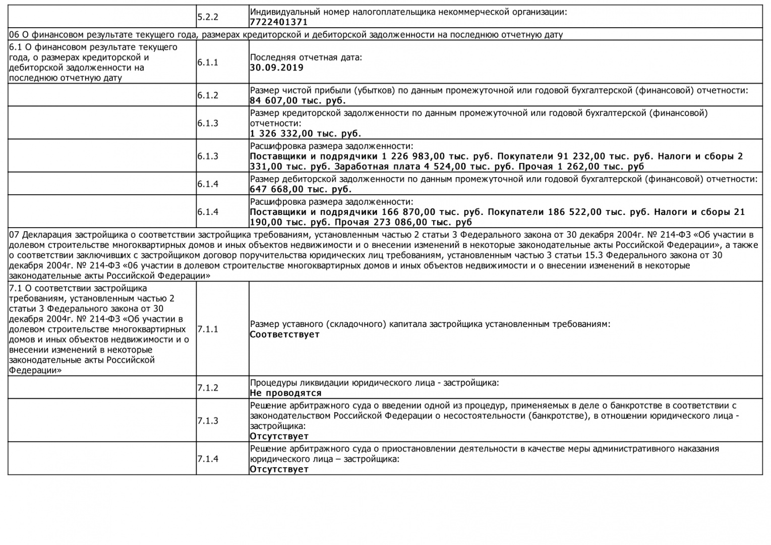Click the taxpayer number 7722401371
[x=278, y=22]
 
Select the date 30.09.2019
[x=277, y=68]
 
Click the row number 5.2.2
[x=208, y=17]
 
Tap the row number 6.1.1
[x=208, y=63]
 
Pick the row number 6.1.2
[x=208, y=95]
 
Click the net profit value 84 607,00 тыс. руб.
[x=298, y=100]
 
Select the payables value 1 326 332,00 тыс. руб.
[x=305, y=134]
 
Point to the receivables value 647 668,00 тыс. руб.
[x=301, y=189]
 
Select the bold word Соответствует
[x=284, y=334]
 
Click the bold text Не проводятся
[x=285, y=393]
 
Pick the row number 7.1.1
[x=208, y=329]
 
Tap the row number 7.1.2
[x=208, y=388]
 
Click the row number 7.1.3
[x=208, y=421]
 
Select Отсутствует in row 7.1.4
[x=279, y=469]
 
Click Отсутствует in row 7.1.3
[x=279, y=436]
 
